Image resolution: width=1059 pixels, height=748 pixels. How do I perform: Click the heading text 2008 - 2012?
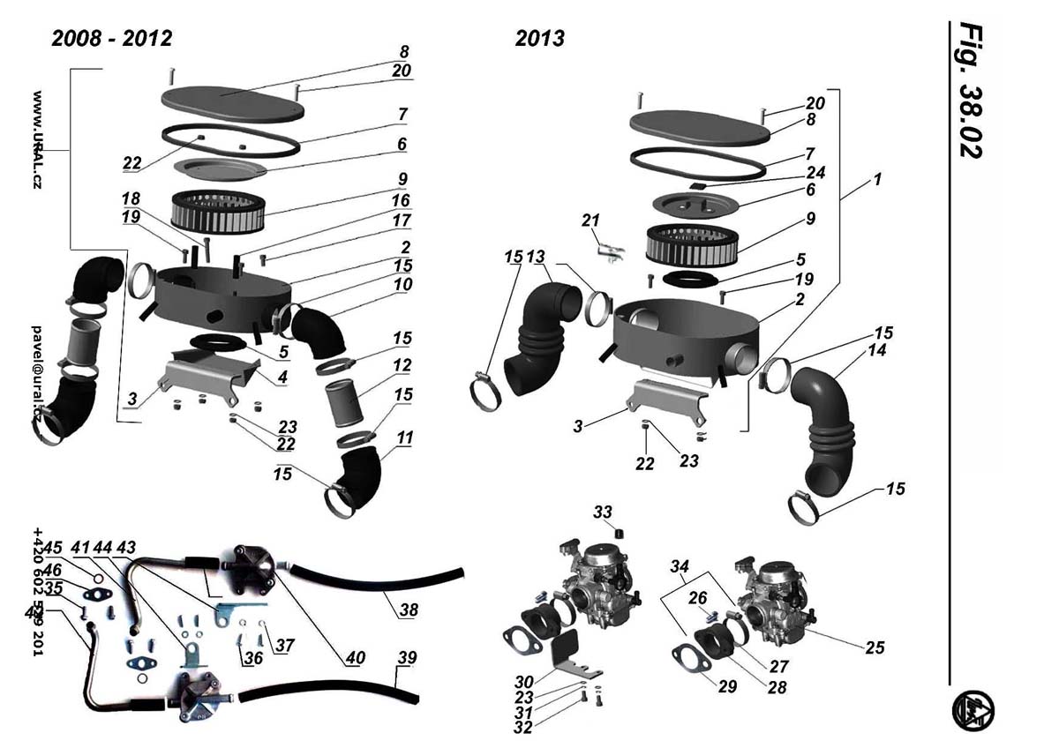point(112,38)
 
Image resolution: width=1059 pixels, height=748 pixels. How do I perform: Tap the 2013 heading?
point(539,39)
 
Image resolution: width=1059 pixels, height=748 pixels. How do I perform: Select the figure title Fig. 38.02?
point(971,88)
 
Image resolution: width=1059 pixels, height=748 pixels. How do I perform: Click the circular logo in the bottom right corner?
point(973,710)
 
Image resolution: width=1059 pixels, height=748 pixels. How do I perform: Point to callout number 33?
point(602,512)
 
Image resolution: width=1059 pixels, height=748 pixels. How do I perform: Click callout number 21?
point(591,219)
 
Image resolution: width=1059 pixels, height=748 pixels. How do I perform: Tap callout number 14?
point(876,350)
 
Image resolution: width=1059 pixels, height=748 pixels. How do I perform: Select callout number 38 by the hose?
point(409,610)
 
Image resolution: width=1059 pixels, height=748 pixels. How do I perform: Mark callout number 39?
point(407,658)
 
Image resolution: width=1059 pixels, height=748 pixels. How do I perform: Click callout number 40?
point(355,657)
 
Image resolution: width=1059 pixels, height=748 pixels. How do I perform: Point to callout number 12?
point(402,364)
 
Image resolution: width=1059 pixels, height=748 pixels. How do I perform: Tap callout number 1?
point(877,179)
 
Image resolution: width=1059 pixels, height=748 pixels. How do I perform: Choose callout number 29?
point(726,686)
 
